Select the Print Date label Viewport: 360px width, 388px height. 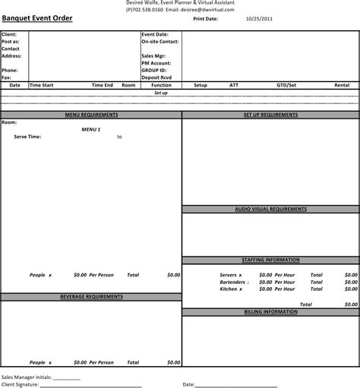pyautogui.click(x=206, y=19)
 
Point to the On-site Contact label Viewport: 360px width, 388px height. pyautogui.click(x=159, y=42)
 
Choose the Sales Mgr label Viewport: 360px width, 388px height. pyautogui.click(x=153, y=55)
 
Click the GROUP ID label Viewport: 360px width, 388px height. pyautogui.click(x=153, y=69)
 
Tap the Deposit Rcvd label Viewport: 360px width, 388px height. pyautogui.click(x=156, y=77)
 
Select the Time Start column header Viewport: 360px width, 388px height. pyautogui.click(x=42, y=85)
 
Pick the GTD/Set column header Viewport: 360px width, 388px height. pyautogui.click(x=286, y=85)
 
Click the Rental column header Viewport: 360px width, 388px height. pyautogui.click(x=342, y=85)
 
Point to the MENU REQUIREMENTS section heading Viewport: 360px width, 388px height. pyautogui.click(x=91, y=114)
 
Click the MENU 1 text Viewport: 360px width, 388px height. pyautogui.click(x=91, y=130)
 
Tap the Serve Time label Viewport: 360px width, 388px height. pyautogui.click(x=27, y=137)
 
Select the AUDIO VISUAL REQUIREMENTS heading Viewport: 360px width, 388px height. pyautogui.click(x=270, y=208)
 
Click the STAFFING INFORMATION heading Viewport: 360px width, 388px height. pyautogui.click(x=270, y=260)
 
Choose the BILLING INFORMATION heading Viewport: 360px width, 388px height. pyautogui.click(x=270, y=311)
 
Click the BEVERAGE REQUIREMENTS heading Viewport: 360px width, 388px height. pyautogui.click(x=91, y=296)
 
